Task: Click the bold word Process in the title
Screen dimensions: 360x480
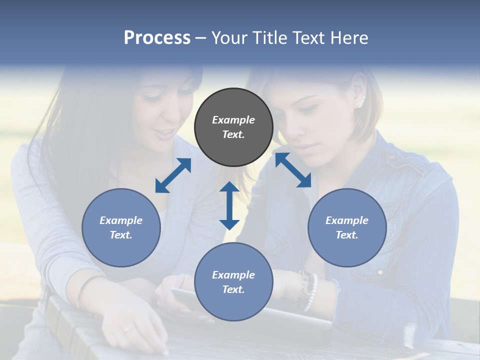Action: (157, 37)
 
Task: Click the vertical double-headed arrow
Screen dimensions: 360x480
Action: (229, 205)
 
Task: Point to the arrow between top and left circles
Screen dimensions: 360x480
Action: (173, 175)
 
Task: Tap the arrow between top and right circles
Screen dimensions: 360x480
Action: (293, 170)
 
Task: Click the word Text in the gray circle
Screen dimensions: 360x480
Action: (233, 134)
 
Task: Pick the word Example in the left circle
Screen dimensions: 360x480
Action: (121, 220)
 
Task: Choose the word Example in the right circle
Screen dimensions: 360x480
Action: (347, 220)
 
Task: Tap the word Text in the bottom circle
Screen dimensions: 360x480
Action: (233, 289)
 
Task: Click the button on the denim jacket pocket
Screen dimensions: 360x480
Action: (380, 272)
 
